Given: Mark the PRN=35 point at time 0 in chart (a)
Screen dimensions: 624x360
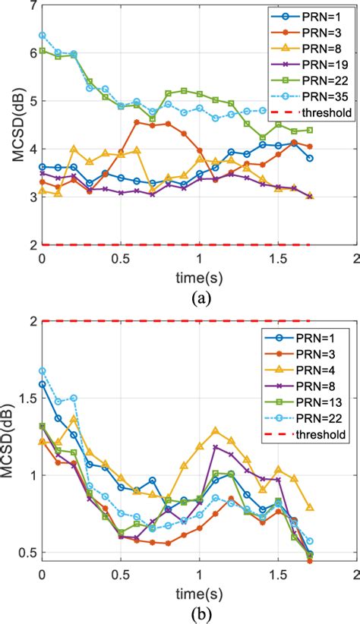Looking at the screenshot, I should [x=42, y=36].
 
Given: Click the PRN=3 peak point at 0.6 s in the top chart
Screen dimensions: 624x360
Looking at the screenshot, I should [x=136, y=122].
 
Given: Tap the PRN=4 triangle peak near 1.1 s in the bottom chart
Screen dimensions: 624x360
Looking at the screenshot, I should [x=215, y=430].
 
